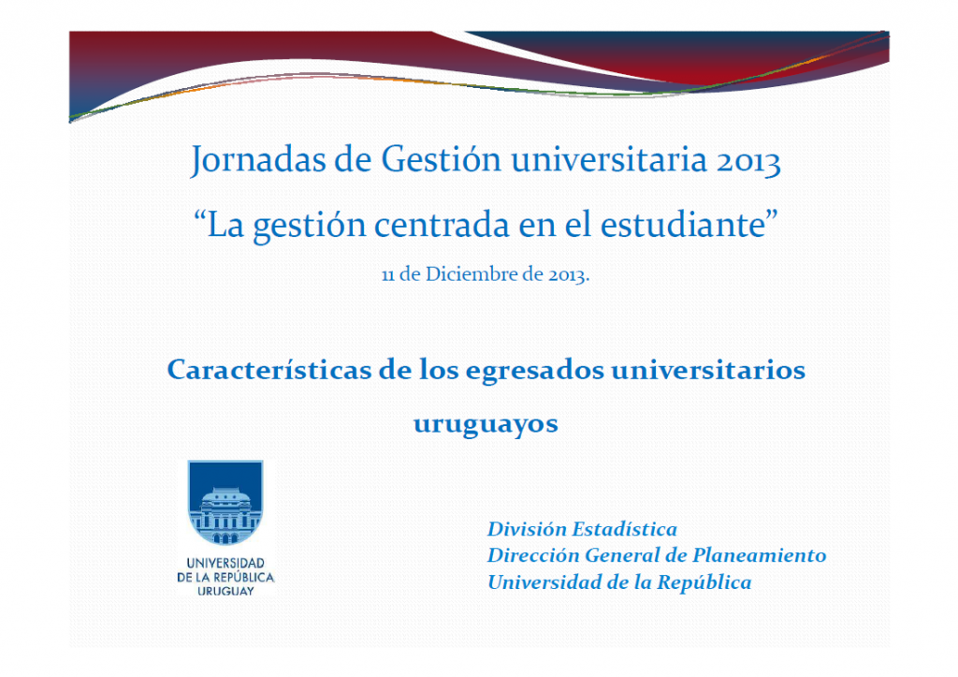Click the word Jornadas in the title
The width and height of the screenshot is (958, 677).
[x=258, y=160]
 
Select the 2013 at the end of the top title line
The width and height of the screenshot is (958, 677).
[x=748, y=161]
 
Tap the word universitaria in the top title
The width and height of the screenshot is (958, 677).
[x=609, y=159]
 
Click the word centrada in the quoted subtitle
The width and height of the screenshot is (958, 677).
[x=442, y=225]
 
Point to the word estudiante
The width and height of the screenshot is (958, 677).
[x=683, y=225]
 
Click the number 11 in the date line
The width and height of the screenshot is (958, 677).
[x=388, y=275]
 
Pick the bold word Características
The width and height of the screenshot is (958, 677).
[x=269, y=369]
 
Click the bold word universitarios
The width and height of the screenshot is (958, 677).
[x=708, y=369]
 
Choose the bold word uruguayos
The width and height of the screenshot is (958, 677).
[x=486, y=424]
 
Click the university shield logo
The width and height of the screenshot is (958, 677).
[x=225, y=502]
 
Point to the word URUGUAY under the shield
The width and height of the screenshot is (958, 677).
[x=225, y=592]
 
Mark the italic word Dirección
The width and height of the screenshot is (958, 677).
[x=532, y=555]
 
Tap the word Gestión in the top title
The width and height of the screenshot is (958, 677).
[x=442, y=160]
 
